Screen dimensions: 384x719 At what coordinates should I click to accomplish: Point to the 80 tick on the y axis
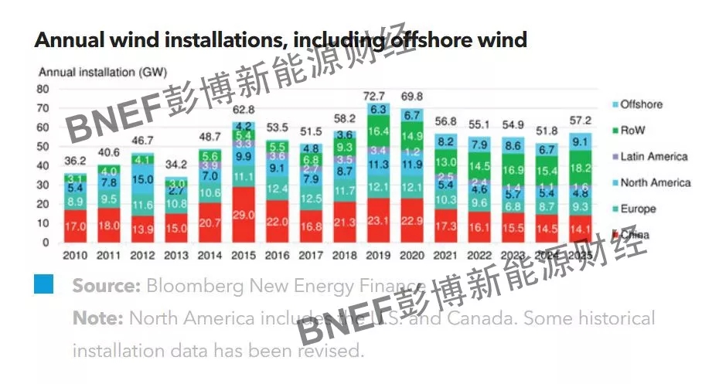(x=43, y=89)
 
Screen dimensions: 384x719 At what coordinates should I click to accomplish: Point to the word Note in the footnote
(x=97, y=318)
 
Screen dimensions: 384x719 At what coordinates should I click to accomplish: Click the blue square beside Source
(x=44, y=284)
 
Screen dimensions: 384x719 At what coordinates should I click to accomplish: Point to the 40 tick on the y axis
(x=43, y=165)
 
